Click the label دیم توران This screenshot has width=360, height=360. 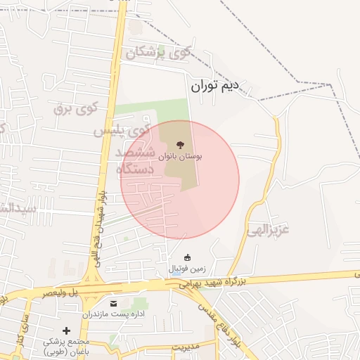coord(215,86)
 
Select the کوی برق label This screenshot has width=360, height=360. coord(75,108)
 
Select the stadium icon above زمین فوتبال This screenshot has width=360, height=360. coord(187,258)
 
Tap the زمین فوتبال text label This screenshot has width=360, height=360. coord(186,269)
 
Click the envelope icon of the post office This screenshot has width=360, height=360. coord(113,303)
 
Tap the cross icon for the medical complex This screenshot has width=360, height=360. coord(66,330)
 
